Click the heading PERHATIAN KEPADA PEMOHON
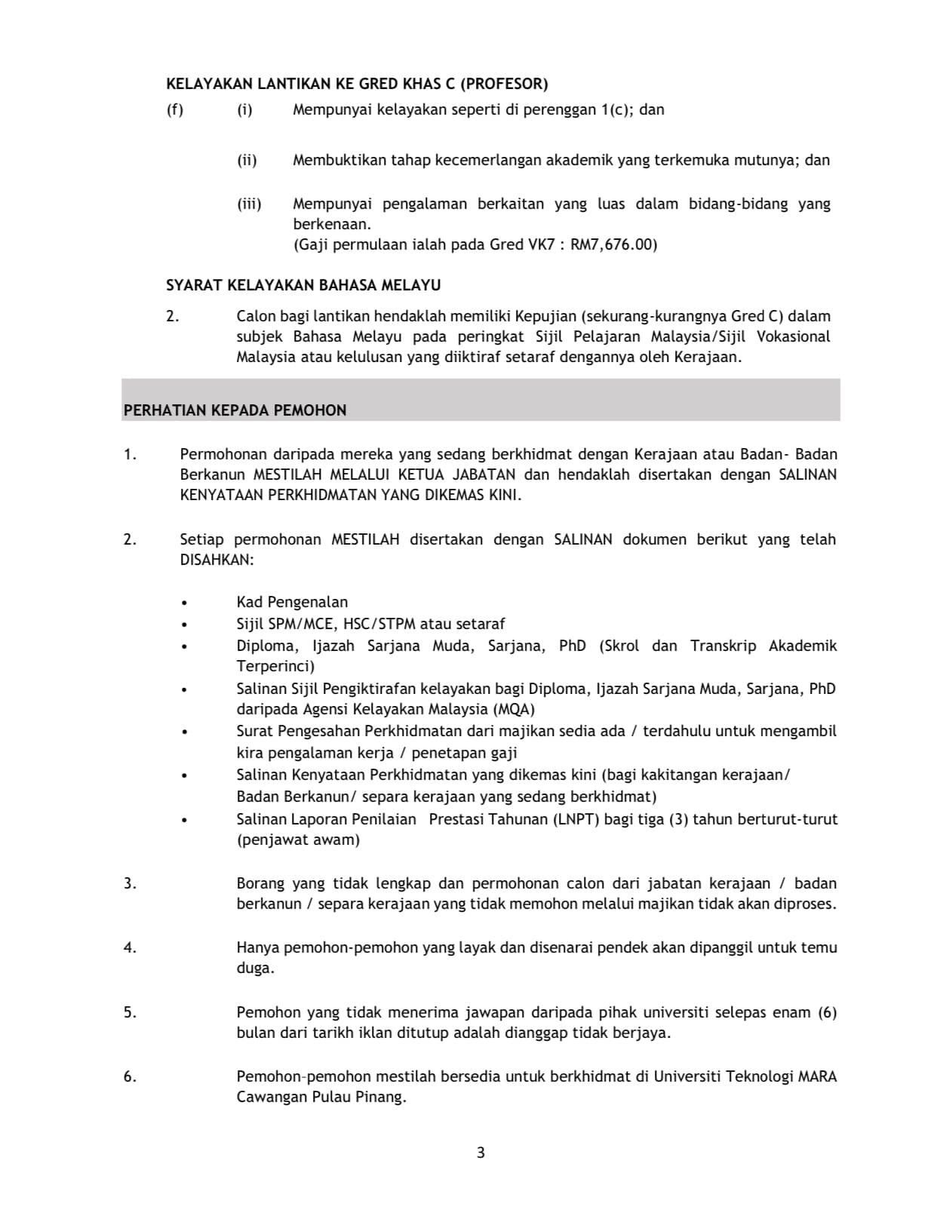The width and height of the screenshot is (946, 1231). (x=235, y=410)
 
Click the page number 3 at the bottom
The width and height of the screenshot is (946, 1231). (x=481, y=1153)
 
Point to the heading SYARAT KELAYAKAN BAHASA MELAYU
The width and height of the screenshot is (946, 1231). (x=303, y=285)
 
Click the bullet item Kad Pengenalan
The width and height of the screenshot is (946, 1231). (x=292, y=602)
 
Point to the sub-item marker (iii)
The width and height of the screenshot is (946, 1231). (x=249, y=204)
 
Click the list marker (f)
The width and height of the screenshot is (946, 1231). (x=174, y=109)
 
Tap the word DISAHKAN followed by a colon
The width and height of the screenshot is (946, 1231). (x=217, y=560)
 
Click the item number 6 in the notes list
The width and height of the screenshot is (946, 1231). (x=130, y=1076)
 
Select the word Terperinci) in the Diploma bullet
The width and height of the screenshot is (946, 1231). (x=275, y=666)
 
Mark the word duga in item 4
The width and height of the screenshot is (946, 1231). (x=254, y=968)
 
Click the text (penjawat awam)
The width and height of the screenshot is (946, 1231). (x=298, y=840)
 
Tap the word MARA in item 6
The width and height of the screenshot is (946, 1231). (x=817, y=1076)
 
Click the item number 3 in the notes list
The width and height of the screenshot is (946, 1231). (x=130, y=883)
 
